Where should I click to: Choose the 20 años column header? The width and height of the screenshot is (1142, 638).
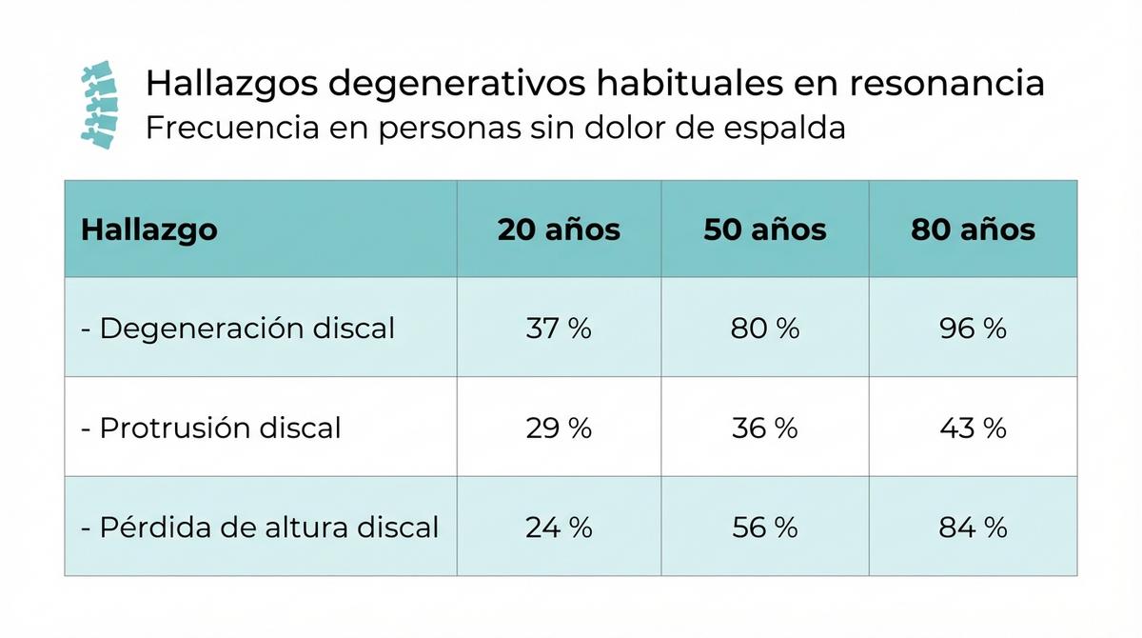pos(559,229)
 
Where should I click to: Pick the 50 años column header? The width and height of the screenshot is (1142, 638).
pos(765,229)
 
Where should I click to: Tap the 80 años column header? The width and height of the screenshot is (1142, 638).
pos(973,229)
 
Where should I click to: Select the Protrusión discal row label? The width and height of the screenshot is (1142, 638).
pos(211,428)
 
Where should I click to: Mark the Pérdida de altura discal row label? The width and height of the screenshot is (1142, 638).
pos(260,527)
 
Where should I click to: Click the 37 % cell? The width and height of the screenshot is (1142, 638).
pos(559,329)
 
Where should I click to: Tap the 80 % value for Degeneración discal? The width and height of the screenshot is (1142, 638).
pos(765,329)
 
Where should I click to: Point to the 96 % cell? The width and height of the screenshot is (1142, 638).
pos(973,329)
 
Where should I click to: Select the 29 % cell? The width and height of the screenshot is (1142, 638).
pos(559,428)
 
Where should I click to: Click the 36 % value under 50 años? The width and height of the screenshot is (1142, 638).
pos(765,428)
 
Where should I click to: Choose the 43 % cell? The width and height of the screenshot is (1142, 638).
pos(973,428)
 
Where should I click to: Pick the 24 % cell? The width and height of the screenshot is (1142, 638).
pos(559,527)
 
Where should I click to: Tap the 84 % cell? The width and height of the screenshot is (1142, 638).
pos(973,527)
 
